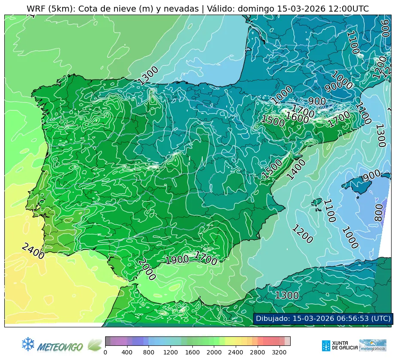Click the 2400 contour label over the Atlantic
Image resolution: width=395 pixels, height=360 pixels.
(x=33, y=251)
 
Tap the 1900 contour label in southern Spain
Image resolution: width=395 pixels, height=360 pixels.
(x=177, y=259)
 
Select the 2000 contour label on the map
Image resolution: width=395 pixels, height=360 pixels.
(x=146, y=269)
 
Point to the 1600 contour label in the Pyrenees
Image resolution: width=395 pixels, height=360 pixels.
(x=297, y=117)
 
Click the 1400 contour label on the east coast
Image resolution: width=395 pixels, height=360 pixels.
(x=296, y=169)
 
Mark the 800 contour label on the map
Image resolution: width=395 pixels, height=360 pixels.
(x=378, y=213)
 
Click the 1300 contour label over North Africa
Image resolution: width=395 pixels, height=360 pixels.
(x=287, y=295)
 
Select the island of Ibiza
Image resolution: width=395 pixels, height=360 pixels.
(x=317, y=204)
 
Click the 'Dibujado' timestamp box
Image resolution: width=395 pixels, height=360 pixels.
(x=323, y=318)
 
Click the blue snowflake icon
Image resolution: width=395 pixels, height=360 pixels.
(x=28, y=344)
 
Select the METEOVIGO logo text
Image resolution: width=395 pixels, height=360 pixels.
(x=60, y=346)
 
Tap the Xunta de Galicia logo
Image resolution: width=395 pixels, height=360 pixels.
(x=338, y=345)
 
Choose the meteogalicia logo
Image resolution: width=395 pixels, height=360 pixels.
(x=372, y=345)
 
